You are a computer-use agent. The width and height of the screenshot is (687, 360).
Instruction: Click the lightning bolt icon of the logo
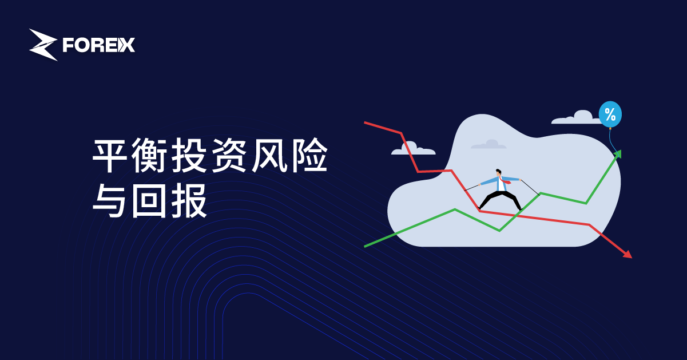[x=43, y=45]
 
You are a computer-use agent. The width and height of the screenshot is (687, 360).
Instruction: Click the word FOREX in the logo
[x=99, y=45]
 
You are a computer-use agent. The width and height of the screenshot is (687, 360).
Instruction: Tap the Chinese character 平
[x=110, y=155]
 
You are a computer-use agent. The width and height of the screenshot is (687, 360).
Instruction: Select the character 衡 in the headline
[x=149, y=155]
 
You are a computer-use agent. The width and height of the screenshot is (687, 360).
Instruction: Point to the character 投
[x=189, y=155]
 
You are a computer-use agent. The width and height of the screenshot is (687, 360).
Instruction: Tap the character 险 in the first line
[x=310, y=155]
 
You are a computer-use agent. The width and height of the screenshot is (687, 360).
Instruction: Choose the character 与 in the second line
[x=109, y=200]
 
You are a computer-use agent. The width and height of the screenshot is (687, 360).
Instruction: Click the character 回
[x=149, y=200]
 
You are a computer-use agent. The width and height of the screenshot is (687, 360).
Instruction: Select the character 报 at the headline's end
[x=189, y=200]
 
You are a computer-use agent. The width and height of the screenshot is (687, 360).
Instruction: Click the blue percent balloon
[x=610, y=114]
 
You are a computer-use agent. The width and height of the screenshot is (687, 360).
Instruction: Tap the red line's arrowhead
[x=627, y=255]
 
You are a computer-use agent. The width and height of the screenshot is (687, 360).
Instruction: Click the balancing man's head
[x=498, y=172]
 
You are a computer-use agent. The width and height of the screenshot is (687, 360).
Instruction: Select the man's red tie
[x=504, y=180]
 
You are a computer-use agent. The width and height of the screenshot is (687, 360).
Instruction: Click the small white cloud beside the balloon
[x=576, y=117]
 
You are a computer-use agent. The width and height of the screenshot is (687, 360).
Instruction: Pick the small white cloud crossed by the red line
[x=413, y=148]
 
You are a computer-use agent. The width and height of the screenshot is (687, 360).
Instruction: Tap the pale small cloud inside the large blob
[x=489, y=144]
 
